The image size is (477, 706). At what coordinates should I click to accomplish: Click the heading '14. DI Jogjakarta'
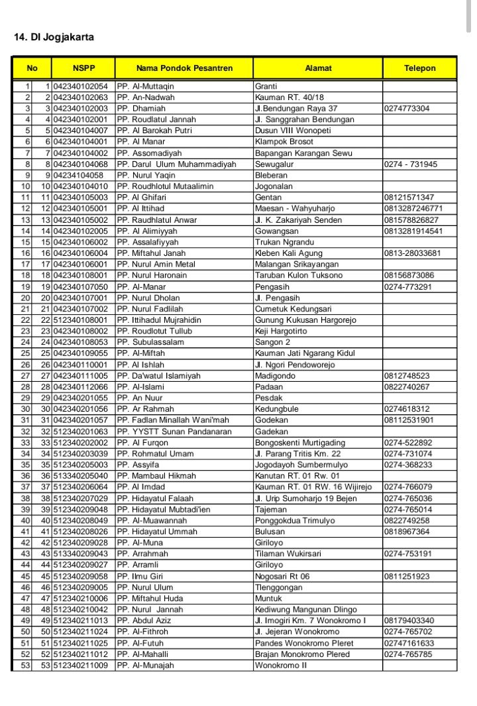click(54, 37)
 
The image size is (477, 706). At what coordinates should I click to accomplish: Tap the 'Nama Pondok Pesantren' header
click(184, 68)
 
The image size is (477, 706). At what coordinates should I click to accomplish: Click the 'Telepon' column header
click(419, 68)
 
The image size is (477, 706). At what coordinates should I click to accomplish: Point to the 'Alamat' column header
click(318, 68)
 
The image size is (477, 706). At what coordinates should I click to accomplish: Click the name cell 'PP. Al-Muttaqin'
click(145, 86)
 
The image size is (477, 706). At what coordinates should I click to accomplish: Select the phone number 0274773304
click(407, 108)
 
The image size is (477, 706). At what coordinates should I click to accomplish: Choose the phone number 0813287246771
click(413, 208)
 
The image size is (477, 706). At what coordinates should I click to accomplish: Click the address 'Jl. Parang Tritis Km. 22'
click(298, 453)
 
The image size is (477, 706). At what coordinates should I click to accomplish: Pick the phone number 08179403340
click(409, 620)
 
